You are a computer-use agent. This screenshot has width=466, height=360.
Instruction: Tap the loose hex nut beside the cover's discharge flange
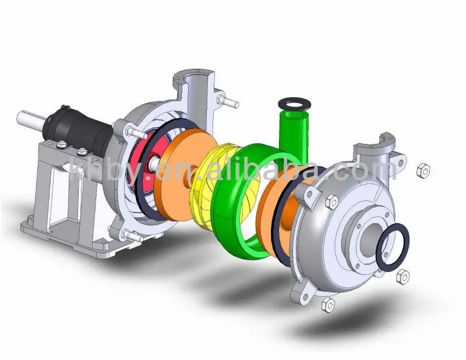(x=423, y=171)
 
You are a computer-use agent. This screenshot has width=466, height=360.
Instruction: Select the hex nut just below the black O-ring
(x=401, y=277)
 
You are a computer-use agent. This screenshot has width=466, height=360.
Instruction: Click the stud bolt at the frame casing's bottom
(x=131, y=237)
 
